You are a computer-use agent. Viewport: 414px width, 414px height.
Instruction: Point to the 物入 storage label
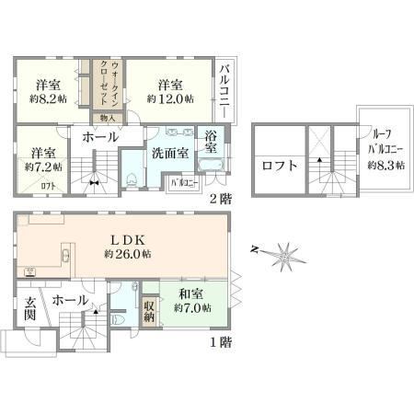pos(107,118)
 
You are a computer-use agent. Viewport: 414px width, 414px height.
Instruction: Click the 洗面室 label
pos(170,153)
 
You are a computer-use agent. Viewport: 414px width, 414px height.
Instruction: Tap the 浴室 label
pos(212,142)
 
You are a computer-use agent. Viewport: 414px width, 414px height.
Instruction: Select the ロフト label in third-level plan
pos(280,167)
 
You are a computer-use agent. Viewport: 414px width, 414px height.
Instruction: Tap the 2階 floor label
pos(218,199)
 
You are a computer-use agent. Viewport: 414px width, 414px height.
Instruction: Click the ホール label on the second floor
pos(99,137)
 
